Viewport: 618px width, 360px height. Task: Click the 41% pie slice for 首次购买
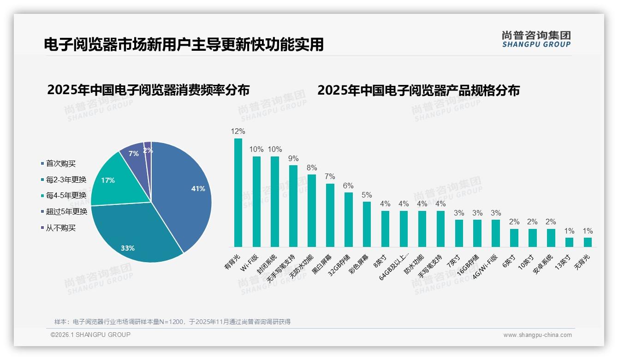pyautogui.click(x=184, y=194)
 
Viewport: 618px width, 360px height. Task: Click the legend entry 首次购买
pyautogui.click(x=60, y=163)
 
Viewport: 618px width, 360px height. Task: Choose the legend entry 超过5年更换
pyautogui.click(x=66, y=211)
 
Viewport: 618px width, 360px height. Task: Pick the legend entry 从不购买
pyautogui.click(x=60, y=228)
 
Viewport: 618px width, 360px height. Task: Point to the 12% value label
pyautogui.click(x=238, y=132)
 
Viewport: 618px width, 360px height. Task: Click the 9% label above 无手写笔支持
pyautogui.click(x=293, y=158)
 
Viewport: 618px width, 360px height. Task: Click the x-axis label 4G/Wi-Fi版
pyautogui.click(x=485, y=267)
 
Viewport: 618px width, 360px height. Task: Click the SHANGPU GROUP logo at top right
pyautogui.click(x=536, y=39)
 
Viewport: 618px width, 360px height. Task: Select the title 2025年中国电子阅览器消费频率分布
pyautogui.click(x=148, y=90)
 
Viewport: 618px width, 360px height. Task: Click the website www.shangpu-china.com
pyautogui.click(x=537, y=335)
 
